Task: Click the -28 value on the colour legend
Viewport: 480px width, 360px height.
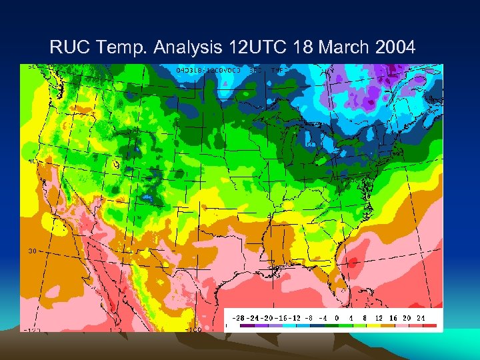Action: (237, 318)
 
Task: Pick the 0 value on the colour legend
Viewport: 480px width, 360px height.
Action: (337, 318)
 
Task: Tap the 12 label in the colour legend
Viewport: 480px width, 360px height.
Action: (379, 318)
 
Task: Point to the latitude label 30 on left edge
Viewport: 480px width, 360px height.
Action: (31, 251)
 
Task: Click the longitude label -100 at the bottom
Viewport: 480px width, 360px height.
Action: (193, 329)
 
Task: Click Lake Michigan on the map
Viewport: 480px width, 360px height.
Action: (292, 145)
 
